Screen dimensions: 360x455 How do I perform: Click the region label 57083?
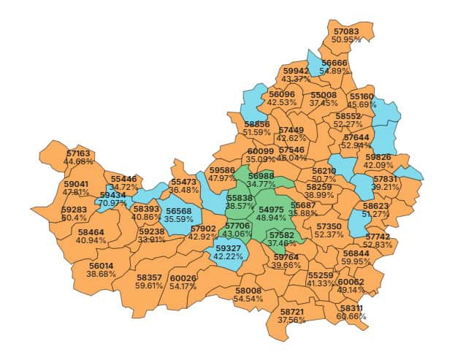point(346,31)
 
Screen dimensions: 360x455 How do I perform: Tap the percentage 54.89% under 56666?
point(336,71)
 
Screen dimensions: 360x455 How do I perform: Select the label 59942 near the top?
point(296,71)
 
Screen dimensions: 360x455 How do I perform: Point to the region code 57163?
point(78,153)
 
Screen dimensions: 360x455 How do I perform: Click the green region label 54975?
point(272,210)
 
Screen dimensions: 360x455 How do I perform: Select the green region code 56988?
point(261,176)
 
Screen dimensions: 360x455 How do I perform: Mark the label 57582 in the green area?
point(281,235)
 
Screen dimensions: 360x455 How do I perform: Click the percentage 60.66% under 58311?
point(351,317)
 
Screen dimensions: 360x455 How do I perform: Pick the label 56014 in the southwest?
point(102,266)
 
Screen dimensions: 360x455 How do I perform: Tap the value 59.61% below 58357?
point(150,286)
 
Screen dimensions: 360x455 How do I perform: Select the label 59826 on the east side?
point(378,157)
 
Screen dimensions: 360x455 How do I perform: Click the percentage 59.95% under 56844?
point(356,261)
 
